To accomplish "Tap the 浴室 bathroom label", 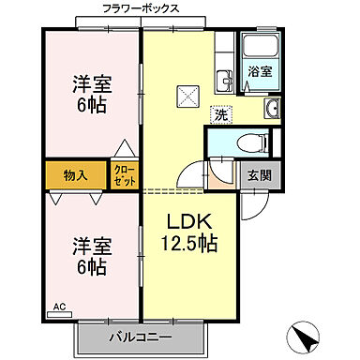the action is (258, 71).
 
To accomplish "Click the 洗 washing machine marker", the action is (218, 114).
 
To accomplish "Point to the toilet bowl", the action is (246, 143).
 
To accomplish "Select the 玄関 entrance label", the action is (258, 174).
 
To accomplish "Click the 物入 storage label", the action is (77, 174).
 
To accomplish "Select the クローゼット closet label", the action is (124, 174).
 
